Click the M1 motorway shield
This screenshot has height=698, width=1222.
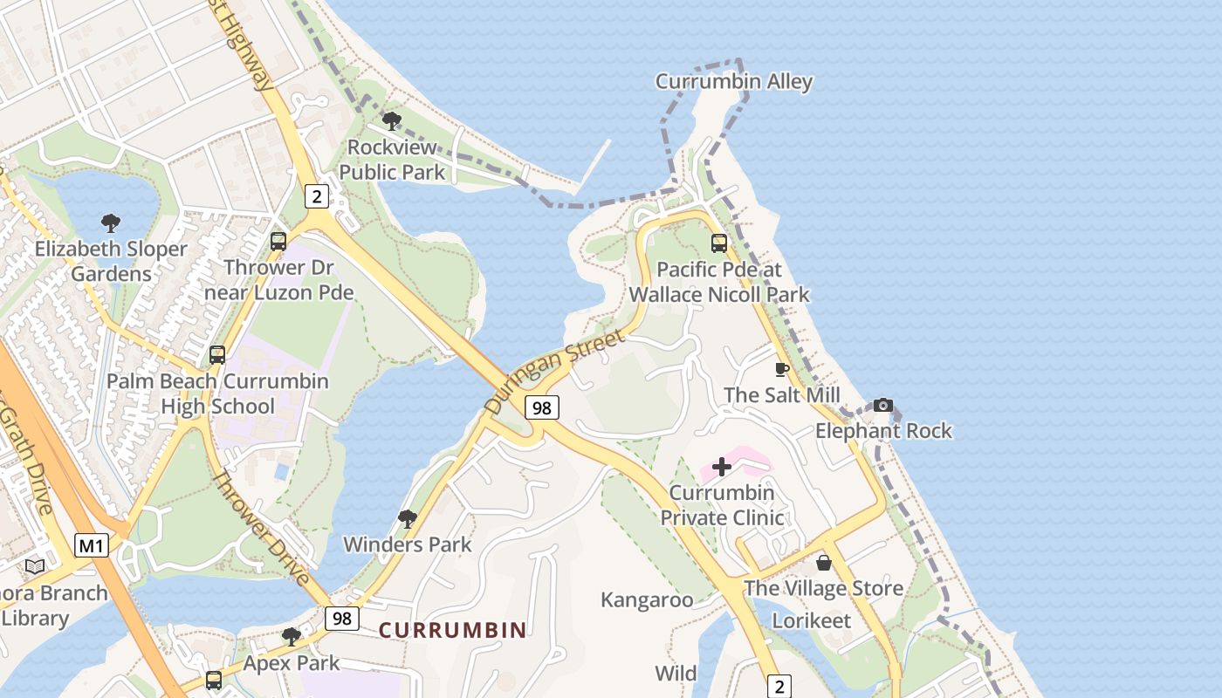pos(91,546)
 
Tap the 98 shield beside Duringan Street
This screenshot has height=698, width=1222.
pos(542,407)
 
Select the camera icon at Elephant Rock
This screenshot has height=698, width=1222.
pos(883,405)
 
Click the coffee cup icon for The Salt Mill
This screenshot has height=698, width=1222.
pos(782,370)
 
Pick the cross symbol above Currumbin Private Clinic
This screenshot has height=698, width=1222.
pos(722,467)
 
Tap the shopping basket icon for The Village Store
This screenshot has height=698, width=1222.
pos(823,563)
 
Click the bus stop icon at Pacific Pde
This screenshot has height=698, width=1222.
pos(719,243)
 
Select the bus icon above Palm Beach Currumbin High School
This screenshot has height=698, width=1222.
pos(217,355)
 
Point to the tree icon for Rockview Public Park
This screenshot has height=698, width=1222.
pos(392,121)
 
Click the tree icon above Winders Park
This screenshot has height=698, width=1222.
pos(407,519)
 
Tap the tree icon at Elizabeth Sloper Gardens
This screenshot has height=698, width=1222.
pos(110,223)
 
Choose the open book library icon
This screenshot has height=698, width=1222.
pos(35,567)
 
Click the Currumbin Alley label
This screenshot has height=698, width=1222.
pos(734,82)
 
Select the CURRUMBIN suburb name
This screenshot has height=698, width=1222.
pos(452,630)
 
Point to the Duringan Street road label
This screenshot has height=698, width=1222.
pos(554,371)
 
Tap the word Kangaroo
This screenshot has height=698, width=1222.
pos(647,600)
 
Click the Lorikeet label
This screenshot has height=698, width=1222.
pos(812,621)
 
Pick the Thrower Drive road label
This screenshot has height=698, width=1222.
pos(260,528)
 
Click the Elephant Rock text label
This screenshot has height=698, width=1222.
pos(883,431)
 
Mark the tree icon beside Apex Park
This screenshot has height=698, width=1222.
pos(292,637)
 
